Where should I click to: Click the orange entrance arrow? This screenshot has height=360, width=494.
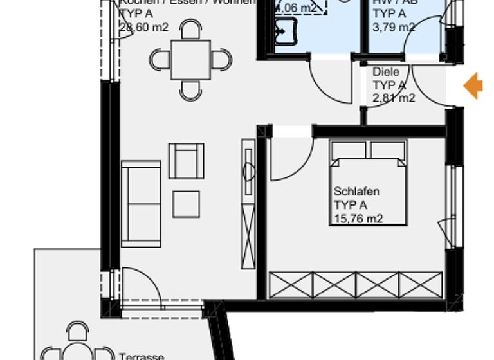tap(474, 85)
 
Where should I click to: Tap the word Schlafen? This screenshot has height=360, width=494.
tap(356, 192)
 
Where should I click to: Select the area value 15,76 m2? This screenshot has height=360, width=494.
tap(358, 219)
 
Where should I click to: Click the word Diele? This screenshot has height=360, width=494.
tap(386, 72)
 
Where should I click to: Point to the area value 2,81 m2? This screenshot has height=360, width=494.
tap(394, 98)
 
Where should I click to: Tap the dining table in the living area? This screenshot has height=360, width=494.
tap(190, 60)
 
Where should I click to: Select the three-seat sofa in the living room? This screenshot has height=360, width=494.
tap(141, 204)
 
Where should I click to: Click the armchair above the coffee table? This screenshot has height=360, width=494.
tap(186, 161)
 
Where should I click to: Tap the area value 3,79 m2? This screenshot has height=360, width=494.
tap(394, 27)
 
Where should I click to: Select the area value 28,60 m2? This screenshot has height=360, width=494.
tap(143, 27)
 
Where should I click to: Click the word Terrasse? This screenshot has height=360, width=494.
tap(142, 356)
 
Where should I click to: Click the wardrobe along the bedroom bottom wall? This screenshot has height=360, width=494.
tap(356, 285)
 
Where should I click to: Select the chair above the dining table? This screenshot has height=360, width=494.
tap(190, 30)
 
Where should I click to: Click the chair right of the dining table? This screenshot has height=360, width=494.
tap(222, 60)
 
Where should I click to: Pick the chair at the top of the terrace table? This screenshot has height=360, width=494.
tap(78, 332)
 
